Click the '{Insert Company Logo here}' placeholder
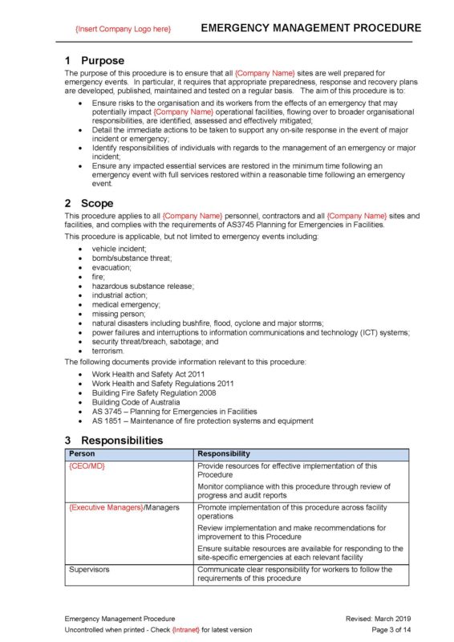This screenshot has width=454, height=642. [123, 29]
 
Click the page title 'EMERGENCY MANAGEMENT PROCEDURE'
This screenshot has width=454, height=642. [306, 28]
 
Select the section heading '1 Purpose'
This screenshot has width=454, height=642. [94, 60]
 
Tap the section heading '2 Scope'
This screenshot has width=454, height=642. [89, 203]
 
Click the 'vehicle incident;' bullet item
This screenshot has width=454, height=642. [119, 250]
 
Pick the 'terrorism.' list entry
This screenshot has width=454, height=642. [108, 351]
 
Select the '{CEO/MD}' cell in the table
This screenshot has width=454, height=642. [87, 465]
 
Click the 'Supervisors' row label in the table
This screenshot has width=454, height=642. [89, 570]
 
